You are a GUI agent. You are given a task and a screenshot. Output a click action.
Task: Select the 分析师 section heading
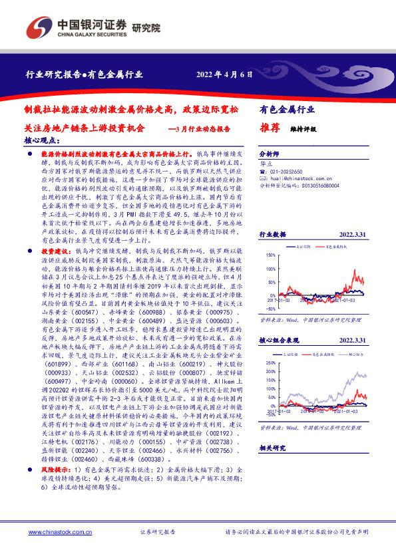point(269,152)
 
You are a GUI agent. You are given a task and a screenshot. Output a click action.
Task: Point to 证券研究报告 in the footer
point(158,533)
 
